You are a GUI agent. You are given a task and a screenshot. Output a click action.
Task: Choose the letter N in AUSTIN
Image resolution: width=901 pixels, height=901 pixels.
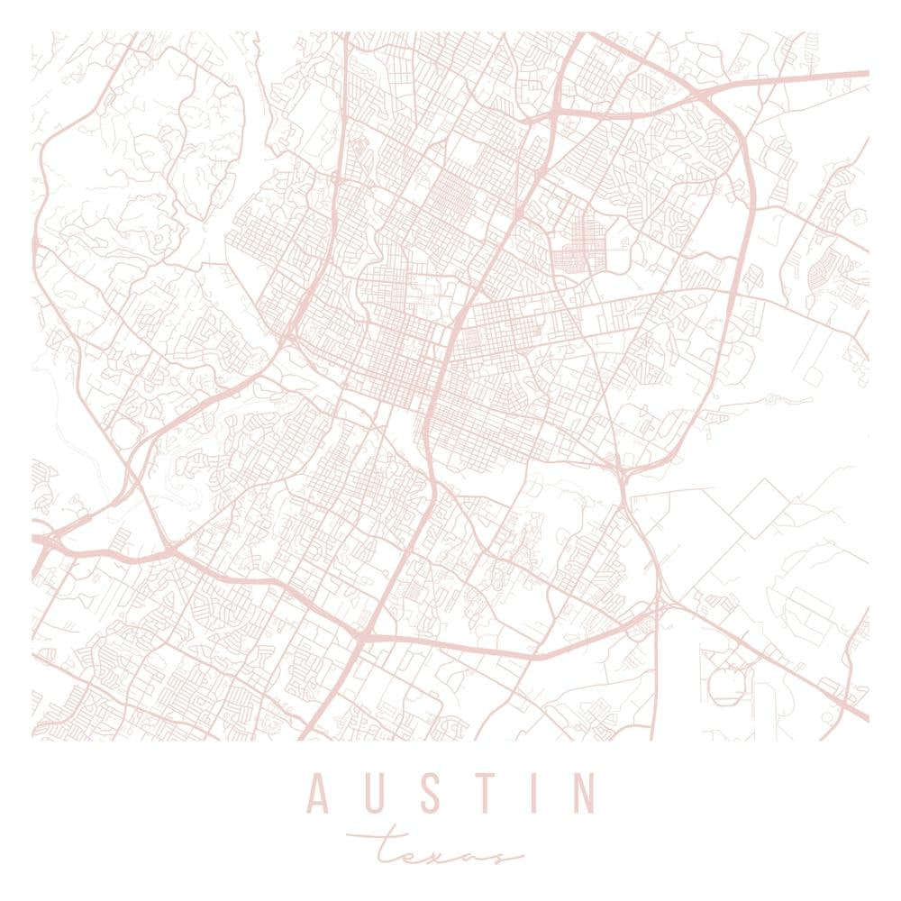tap(583, 793)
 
